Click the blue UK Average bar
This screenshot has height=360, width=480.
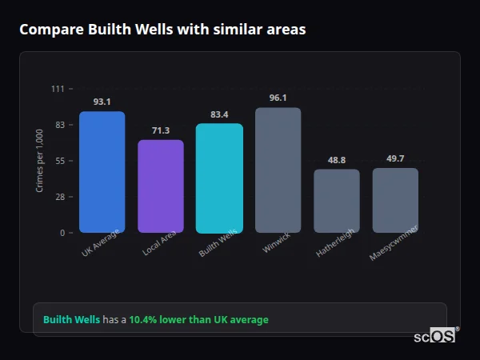(x=102, y=172)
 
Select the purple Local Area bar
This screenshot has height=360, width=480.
(x=161, y=186)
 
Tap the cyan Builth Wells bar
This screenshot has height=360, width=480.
(x=219, y=178)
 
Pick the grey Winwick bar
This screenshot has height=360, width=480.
(x=278, y=170)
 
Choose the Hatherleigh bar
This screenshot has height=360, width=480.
(x=336, y=201)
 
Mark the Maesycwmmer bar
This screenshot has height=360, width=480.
(x=395, y=200)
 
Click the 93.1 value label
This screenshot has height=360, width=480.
(x=102, y=102)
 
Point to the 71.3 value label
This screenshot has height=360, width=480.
(x=161, y=130)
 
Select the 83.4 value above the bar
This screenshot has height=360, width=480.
(x=219, y=114)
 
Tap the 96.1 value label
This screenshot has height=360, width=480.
(x=278, y=98)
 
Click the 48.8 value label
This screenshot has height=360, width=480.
(x=336, y=160)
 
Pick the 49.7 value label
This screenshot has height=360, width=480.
(x=395, y=158)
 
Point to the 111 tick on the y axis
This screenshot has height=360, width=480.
(x=58, y=89)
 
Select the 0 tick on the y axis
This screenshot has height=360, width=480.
(x=62, y=233)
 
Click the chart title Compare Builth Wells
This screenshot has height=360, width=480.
(x=162, y=30)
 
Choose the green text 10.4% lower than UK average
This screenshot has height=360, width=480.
(x=198, y=319)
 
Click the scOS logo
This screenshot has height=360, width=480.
(x=434, y=336)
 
